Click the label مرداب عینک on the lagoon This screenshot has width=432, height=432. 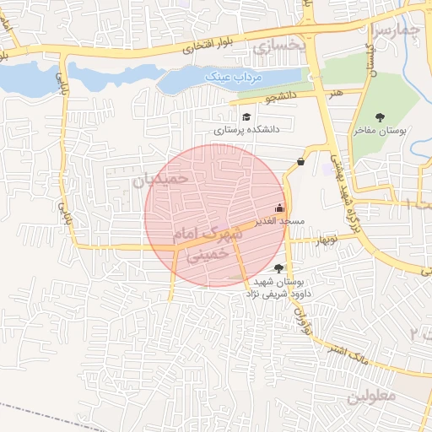tap(235, 78)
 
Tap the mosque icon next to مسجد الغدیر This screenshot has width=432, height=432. tap(280, 208)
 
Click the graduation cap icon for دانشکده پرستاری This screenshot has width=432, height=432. tap(246, 117)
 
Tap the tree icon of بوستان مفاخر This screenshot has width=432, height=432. tap(379, 117)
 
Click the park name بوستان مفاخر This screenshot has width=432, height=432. tap(381, 132)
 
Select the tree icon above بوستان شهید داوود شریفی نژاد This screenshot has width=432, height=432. tap(279, 267)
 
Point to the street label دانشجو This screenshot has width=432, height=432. tap(282, 97)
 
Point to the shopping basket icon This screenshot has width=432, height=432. tap(301, 162)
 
